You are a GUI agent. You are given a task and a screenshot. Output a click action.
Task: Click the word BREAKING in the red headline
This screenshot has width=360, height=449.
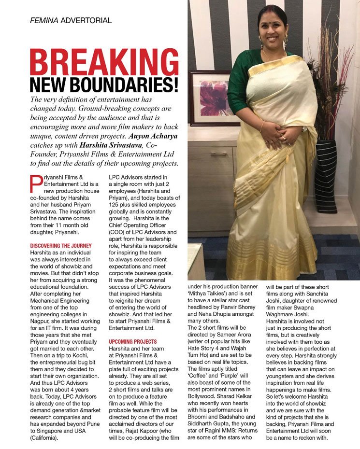click(x=104, y=61)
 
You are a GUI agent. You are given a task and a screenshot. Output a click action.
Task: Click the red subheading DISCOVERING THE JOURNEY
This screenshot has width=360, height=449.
click(x=61, y=246)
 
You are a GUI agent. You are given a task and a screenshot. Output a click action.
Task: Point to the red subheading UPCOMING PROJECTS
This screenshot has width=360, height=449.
click(x=133, y=341)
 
